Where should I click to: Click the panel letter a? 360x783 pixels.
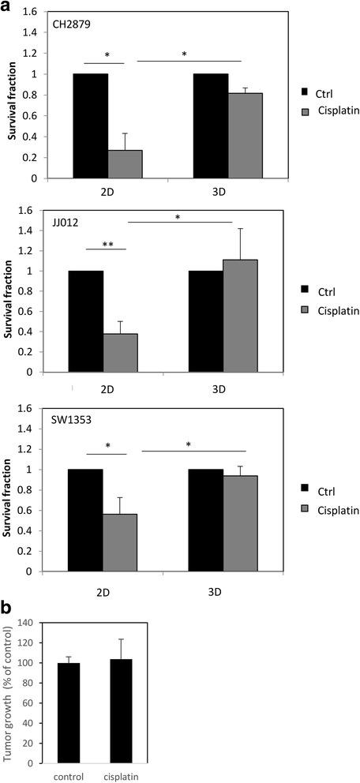click(7, 6)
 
